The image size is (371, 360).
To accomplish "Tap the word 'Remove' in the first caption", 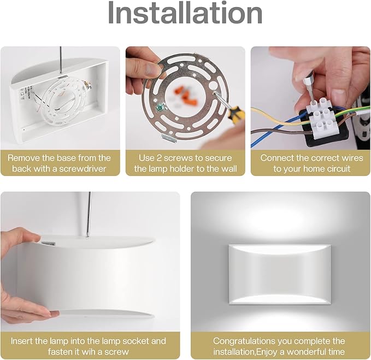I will click(23, 158).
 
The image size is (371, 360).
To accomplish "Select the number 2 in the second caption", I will click(159, 158).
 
